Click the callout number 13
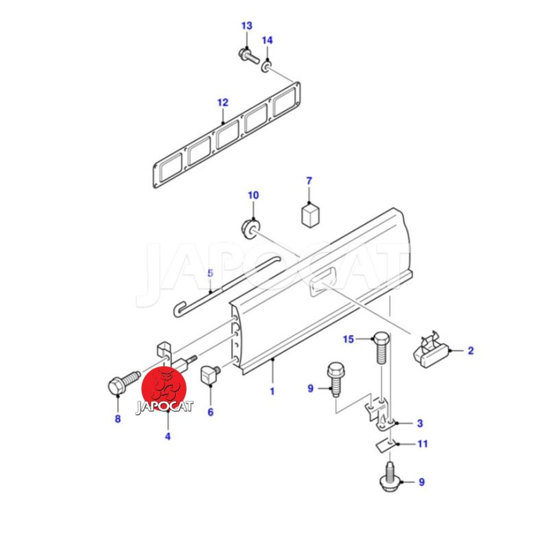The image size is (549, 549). pos(246,26)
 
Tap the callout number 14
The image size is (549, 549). pos(267,40)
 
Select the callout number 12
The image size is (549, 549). pos(222,102)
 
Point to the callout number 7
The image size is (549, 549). pos(309,181)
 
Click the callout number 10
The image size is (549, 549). pos(253,195)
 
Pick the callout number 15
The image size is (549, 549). pos(349,339)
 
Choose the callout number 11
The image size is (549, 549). pos(423,444)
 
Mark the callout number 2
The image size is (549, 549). pos(471,351)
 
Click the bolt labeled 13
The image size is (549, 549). pos(248,56)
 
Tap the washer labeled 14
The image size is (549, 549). pos(267,66)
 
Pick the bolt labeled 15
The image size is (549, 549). pos(382,347)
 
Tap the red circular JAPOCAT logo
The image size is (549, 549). pos(164,389)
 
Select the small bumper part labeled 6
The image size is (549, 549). pos(209,374)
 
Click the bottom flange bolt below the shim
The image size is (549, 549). pos(390,477)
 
